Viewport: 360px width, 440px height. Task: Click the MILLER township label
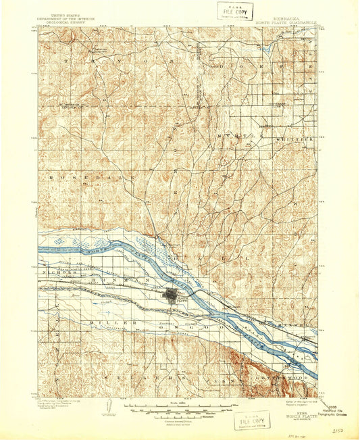tap(109, 323)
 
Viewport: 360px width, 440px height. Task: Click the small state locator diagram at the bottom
tap(110, 408)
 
